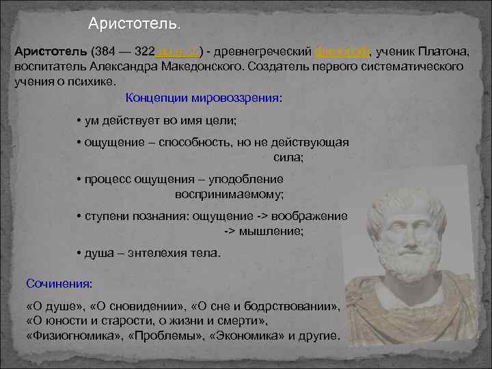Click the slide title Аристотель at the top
click(x=135, y=25)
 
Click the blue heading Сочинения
click(x=58, y=282)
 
